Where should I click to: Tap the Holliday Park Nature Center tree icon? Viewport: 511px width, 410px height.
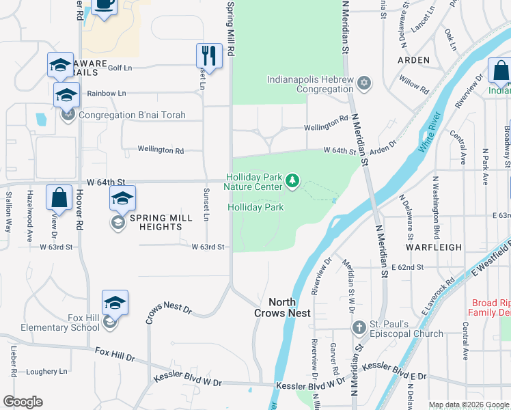pyautogui.click(x=292, y=181)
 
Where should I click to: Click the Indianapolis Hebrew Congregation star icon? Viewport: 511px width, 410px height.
pyautogui.click(x=364, y=83)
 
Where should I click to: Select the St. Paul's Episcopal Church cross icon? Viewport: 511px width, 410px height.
pyautogui.click(x=359, y=329)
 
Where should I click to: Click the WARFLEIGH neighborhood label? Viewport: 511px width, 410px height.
pyautogui.click(x=434, y=247)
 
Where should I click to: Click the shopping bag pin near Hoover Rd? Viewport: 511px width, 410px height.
pyautogui.click(x=59, y=197)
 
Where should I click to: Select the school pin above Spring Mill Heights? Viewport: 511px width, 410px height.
pyautogui.click(x=122, y=199)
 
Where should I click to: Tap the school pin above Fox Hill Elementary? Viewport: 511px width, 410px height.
pyautogui.click(x=115, y=302)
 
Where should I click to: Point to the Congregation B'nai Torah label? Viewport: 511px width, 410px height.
pyautogui.click(x=132, y=115)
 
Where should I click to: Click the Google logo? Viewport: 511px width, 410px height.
pyautogui.click(x=23, y=402)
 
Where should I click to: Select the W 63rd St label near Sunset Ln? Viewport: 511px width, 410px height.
pyautogui.click(x=208, y=247)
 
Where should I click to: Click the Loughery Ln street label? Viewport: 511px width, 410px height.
pyautogui.click(x=47, y=372)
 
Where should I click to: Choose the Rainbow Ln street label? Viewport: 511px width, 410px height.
pyautogui.click(x=107, y=93)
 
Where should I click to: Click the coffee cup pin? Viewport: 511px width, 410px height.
pyautogui.click(x=104, y=4)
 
